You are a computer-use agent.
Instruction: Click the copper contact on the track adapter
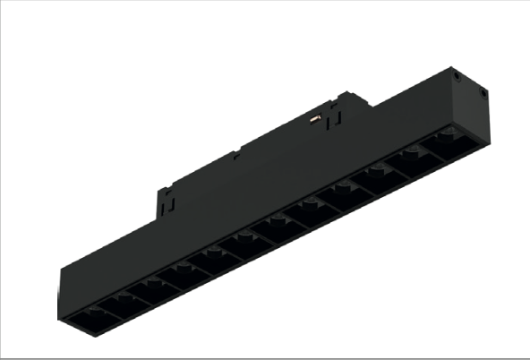[314, 116]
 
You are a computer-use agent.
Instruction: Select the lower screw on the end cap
[483, 91]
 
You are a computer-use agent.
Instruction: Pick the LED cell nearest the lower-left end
[87, 316]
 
